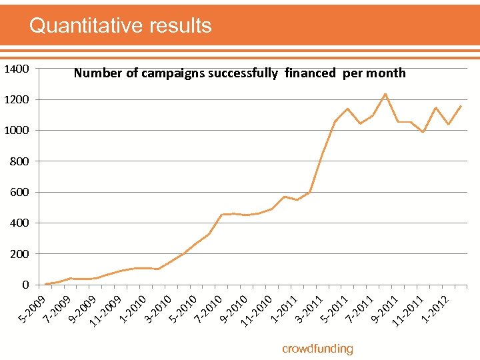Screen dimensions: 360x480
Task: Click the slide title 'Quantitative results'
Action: [x=121, y=25]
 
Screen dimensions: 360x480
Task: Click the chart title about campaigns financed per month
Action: [x=239, y=73]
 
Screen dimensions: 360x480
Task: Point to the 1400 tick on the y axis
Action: [x=16, y=69]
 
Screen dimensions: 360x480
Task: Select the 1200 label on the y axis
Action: [x=16, y=99]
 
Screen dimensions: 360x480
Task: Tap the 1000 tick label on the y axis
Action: [x=16, y=131]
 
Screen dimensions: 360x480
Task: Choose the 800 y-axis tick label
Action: [x=19, y=161]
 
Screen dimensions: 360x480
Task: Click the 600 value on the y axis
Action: [x=19, y=192]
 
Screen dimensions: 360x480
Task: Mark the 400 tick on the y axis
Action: [x=19, y=223]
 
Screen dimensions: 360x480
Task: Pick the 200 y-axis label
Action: [x=19, y=254]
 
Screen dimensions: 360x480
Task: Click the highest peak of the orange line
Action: [x=385, y=94]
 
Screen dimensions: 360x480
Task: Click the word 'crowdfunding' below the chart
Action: [x=317, y=349]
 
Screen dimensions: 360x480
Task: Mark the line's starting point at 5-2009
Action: [x=45, y=284]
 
